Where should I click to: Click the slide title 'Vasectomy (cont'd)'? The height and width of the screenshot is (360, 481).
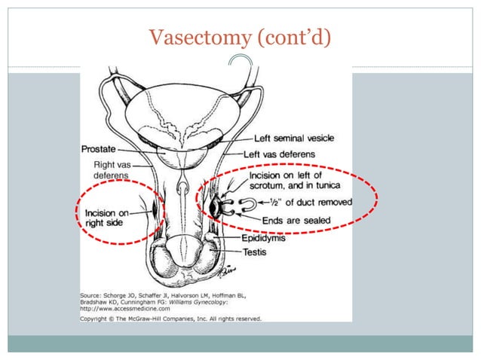(x=240, y=36)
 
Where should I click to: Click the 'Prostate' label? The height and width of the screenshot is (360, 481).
(x=99, y=149)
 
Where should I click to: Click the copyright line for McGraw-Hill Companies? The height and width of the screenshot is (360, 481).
(x=170, y=318)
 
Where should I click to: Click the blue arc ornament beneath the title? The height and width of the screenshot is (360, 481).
(x=242, y=66)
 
